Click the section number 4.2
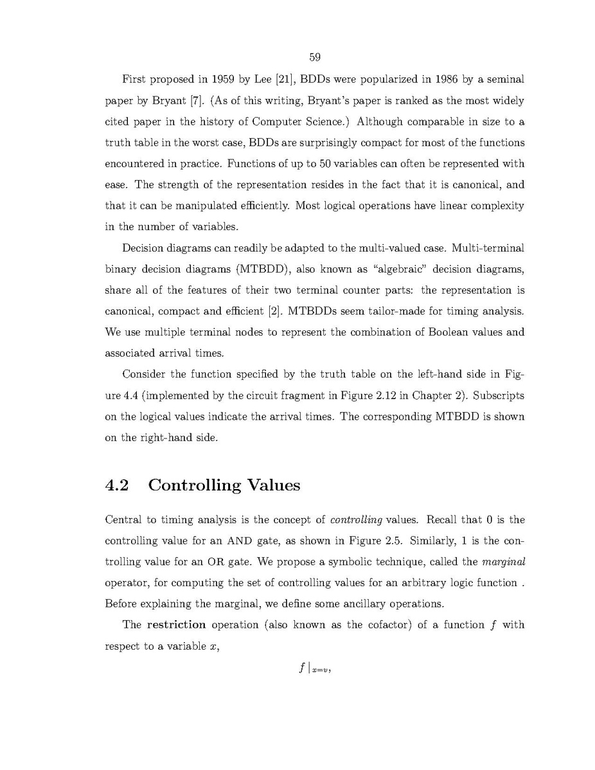[x=117, y=485]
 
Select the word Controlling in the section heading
[x=195, y=485]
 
